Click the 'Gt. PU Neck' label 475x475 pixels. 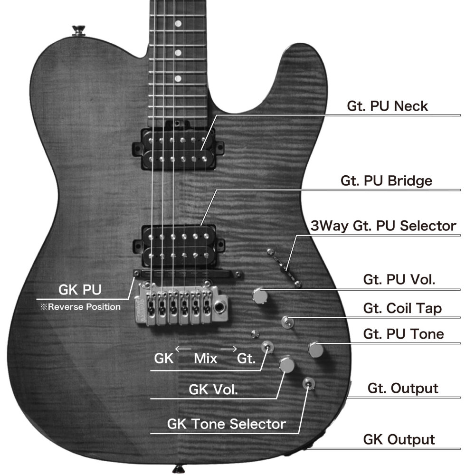(387, 106)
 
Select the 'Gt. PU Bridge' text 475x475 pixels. (386, 181)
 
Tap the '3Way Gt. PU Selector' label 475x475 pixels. (383, 226)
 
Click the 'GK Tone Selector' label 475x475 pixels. (226, 423)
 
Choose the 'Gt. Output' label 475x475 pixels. (403, 388)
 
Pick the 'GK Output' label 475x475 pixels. (399, 439)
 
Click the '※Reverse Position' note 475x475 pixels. (80, 307)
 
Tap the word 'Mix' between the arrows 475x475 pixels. (205, 358)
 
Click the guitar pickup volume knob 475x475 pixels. (260, 295)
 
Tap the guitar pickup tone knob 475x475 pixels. (315, 350)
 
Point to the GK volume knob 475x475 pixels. (287, 364)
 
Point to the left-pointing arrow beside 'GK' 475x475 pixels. (183, 349)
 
